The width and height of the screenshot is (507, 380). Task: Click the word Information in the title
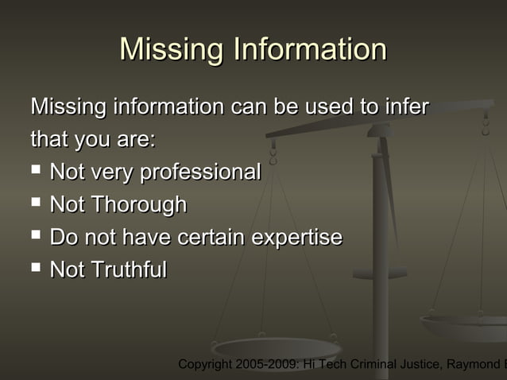(310, 49)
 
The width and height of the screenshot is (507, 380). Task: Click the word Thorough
(138, 205)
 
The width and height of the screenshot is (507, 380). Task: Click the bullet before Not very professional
(36, 170)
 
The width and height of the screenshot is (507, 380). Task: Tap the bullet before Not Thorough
(36, 204)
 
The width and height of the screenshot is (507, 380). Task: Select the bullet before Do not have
(36, 236)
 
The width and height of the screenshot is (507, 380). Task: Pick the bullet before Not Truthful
(36, 269)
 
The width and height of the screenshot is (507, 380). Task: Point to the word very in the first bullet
(112, 172)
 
